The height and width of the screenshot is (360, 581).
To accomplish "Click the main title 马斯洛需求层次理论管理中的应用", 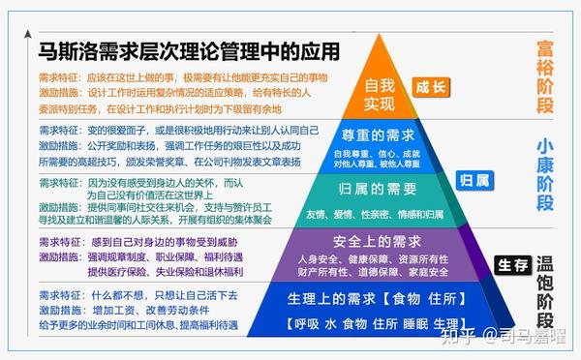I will pyautogui.click(x=190, y=50).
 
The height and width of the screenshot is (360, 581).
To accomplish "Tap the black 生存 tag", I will pyautogui.click(x=511, y=263).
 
